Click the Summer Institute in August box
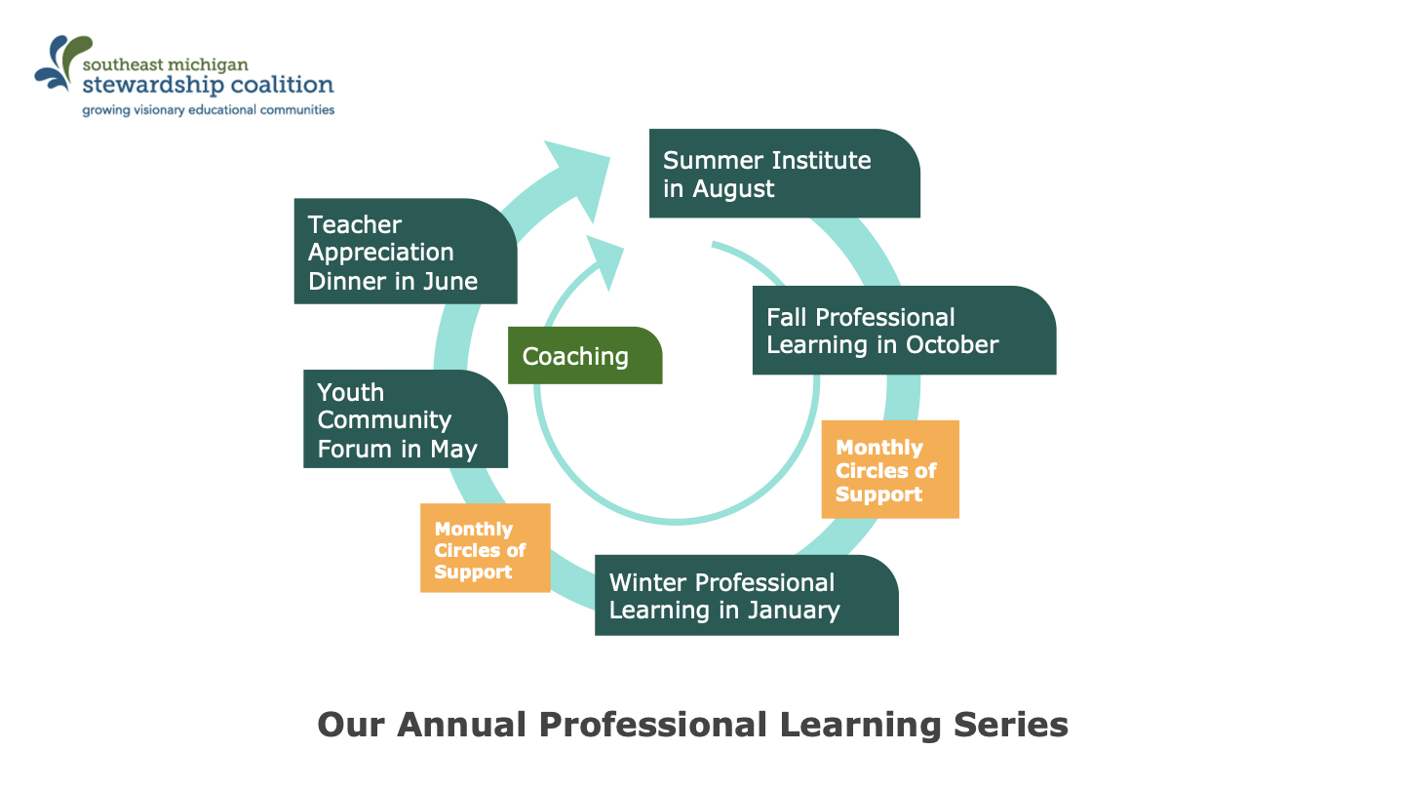pyautogui.click(x=784, y=174)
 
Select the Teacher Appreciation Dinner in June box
pyautogui.click(x=406, y=252)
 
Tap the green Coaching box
pyautogui.click(x=585, y=355)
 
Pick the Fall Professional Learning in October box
pyautogui.click(x=904, y=331)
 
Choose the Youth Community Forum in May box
pyautogui.click(x=406, y=418)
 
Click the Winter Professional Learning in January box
pyautogui.click(x=747, y=595)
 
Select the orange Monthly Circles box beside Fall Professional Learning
pyautogui.click(x=890, y=470)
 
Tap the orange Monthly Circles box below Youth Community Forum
pyautogui.click(x=486, y=548)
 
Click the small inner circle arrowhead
pyautogui.click(x=605, y=260)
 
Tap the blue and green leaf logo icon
pyautogui.click(x=62, y=62)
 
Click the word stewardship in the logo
pyautogui.click(x=153, y=85)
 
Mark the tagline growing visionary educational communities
pyautogui.click(x=208, y=110)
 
